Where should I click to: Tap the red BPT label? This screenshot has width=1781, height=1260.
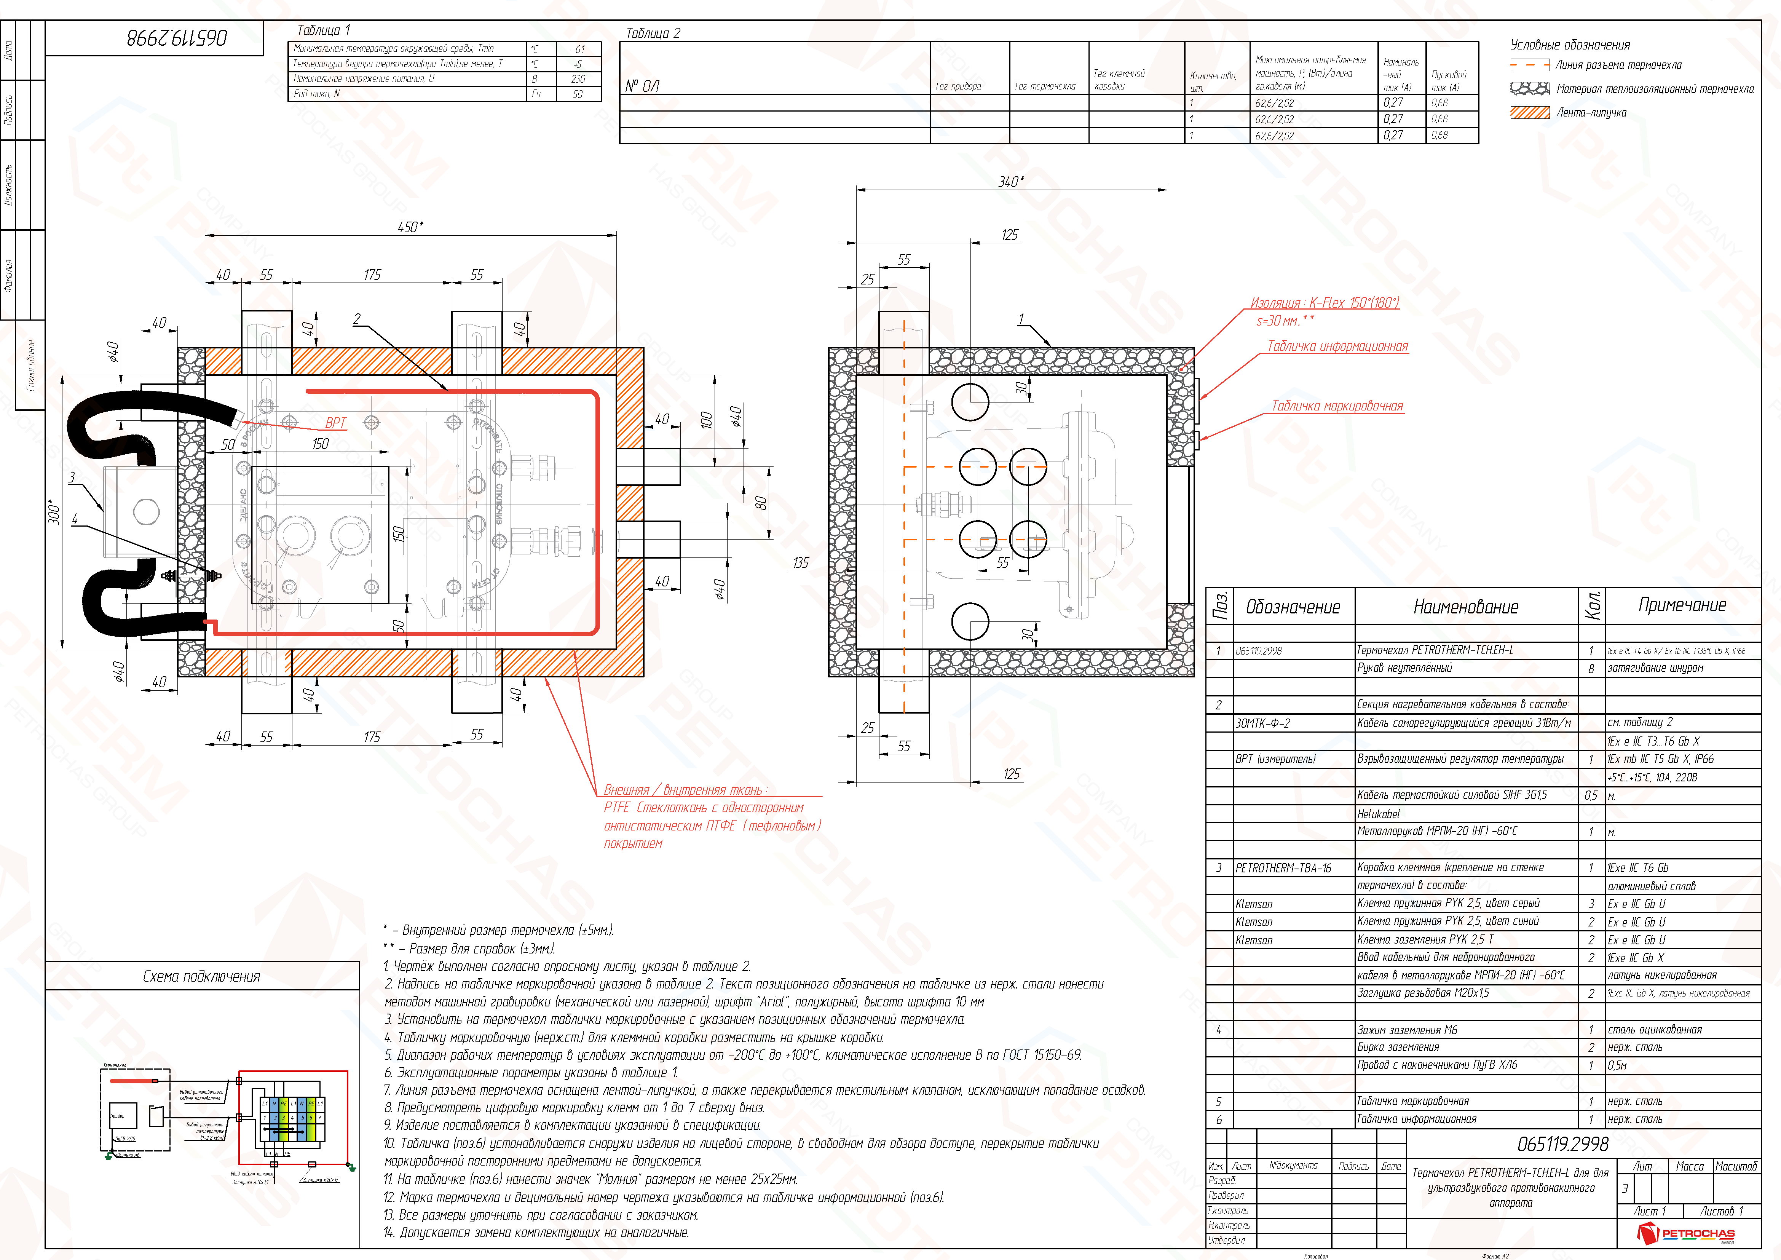click(x=336, y=423)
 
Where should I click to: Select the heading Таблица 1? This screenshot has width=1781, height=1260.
click(x=324, y=30)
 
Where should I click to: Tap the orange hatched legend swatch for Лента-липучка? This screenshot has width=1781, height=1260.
click(x=1530, y=112)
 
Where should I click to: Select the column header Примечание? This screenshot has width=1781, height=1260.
click(x=1682, y=605)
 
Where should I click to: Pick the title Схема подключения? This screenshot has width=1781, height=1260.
click(x=202, y=976)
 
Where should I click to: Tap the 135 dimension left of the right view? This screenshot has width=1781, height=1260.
click(x=801, y=562)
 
